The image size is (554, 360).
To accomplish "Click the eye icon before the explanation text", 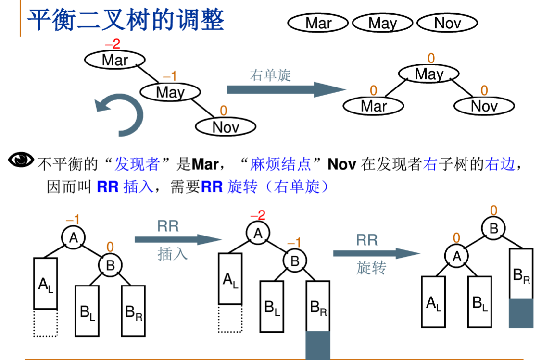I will click(x=22, y=160).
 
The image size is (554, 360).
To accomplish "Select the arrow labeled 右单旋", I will click(x=286, y=89).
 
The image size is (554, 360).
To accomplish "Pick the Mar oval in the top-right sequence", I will click(x=318, y=23).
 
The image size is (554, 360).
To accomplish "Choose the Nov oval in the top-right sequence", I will click(x=447, y=23).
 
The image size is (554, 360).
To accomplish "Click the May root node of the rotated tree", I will click(x=428, y=74).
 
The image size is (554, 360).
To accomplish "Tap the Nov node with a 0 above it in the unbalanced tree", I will click(x=225, y=126).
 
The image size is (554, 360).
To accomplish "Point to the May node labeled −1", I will click(x=170, y=92).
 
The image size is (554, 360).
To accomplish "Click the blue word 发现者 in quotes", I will click(x=137, y=165).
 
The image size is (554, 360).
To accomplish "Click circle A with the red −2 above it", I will click(x=258, y=234).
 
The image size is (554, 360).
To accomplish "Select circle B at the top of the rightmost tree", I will click(x=493, y=229).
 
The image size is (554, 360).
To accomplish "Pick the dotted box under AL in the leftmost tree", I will click(x=46, y=323).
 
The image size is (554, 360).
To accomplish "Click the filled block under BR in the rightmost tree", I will click(x=521, y=313).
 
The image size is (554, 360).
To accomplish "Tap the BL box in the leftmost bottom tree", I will click(x=87, y=311).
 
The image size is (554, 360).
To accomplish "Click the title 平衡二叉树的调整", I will click(x=125, y=20).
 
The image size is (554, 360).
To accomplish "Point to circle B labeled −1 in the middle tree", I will click(x=295, y=261).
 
